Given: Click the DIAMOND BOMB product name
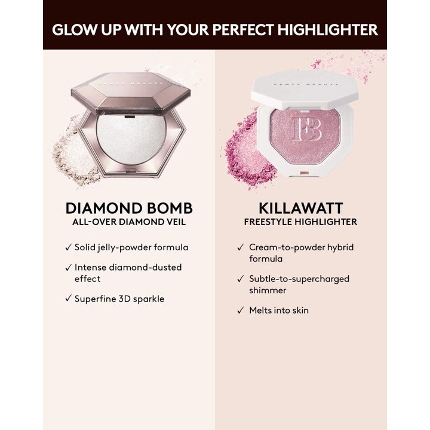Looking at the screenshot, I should pyautogui.click(x=129, y=208).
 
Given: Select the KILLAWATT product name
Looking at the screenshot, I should pyautogui.click(x=300, y=208).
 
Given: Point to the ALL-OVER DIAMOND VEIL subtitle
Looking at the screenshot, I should pyautogui.click(x=129, y=222).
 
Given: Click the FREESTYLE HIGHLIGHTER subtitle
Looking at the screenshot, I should pyautogui.click(x=300, y=222).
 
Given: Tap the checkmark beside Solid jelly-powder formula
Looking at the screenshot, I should pyautogui.click(x=67, y=247).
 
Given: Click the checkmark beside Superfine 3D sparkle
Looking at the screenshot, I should pyautogui.click(x=67, y=299).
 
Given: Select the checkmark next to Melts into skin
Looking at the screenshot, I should pyautogui.click(x=240, y=311).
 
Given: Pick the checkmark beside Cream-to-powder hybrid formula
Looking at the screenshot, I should pyautogui.click(x=240, y=247).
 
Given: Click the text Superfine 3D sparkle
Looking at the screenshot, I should pyautogui.click(x=119, y=299).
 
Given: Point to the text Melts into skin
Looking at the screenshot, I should pyautogui.click(x=279, y=311).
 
